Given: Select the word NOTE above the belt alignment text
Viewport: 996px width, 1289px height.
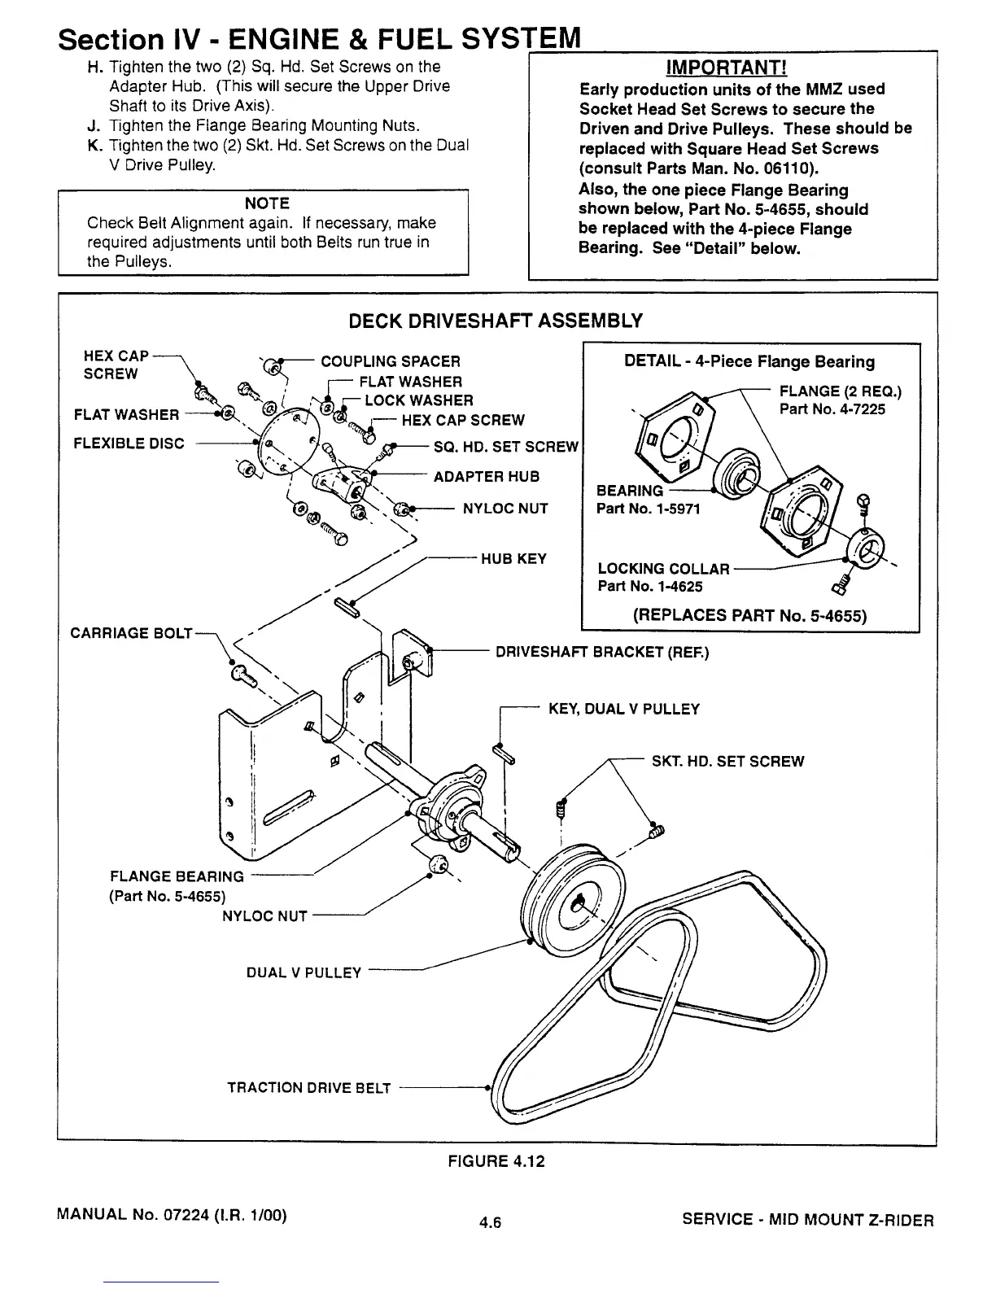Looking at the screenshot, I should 267,203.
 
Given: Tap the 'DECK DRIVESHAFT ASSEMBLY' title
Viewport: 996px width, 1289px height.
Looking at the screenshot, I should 496,321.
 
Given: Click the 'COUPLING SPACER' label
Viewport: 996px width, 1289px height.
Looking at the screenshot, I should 391,361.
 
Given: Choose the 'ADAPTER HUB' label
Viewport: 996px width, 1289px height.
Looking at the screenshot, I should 487,477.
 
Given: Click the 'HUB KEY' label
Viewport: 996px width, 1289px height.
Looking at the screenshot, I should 514,559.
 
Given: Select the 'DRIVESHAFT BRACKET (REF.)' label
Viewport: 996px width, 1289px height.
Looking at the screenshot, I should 602,652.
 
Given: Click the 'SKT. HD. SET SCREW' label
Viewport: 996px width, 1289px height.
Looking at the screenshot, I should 727,762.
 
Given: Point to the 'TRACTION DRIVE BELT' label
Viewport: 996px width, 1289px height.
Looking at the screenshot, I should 308,1088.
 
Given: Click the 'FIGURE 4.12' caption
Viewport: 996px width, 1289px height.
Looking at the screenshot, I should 496,1161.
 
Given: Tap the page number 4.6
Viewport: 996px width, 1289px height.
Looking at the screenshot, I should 491,1221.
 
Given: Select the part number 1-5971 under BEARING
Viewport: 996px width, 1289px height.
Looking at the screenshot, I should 648,509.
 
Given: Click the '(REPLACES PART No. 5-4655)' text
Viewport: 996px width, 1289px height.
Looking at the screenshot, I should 749,615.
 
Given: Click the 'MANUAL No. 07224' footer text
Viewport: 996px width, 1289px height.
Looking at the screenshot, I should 171,1217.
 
